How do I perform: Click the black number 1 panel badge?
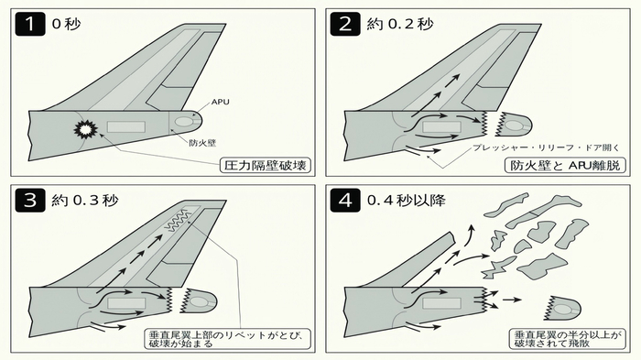click(x=30, y=24)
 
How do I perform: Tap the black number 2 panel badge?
click(x=345, y=24)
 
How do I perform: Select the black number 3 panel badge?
click(x=30, y=200)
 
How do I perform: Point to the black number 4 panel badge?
click(x=345, y=200)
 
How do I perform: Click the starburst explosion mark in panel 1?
click(x=86, y=129)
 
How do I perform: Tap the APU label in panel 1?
click(x=220, y=102)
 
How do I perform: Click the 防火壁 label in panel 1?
click(x=202, y=143)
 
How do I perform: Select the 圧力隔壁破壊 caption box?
click(x=266, y=165)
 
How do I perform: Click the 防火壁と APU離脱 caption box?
click(x=565, y=165)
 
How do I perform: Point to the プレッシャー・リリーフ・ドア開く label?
click(x=546, y=147)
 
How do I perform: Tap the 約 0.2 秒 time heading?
click(x=399, y=24)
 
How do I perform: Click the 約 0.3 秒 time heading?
click(x=84, y=201)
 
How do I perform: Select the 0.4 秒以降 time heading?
click(x=406, y=201)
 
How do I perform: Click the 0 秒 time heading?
click(x=66, y=24)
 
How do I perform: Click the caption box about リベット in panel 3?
click(x=227, y=339)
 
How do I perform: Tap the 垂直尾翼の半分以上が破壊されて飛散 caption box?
click(x=567, y=339)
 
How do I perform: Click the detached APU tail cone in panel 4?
click(x=562, y=308)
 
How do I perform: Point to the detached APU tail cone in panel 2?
click(x=513, y=123)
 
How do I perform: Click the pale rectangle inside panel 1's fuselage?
click(x=126, y=126)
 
